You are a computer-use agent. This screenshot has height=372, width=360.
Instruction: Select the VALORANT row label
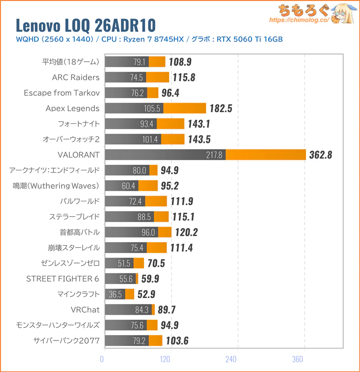pos(78,154)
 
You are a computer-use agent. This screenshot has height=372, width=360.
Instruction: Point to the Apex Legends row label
pos(72,108)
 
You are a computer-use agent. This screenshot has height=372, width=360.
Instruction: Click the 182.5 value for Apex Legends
pos(221,108)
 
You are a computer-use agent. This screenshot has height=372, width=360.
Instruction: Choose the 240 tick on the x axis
pos(231,359)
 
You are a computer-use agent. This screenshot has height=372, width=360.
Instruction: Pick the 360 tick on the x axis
pos(297,359)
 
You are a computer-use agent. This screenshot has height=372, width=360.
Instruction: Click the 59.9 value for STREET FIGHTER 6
pos(150,279)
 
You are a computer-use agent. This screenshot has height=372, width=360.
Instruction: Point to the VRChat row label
pos(85,310)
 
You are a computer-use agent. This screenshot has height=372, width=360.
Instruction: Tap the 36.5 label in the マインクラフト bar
pos(116,294)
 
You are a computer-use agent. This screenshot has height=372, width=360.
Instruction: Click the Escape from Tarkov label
pos(62,93)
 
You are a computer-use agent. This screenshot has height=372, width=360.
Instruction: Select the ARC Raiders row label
pos(76,77)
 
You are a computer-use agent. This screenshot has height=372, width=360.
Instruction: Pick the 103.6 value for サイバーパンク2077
pos(175,341)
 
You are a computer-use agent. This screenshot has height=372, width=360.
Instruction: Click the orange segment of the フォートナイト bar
pos(171,123)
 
